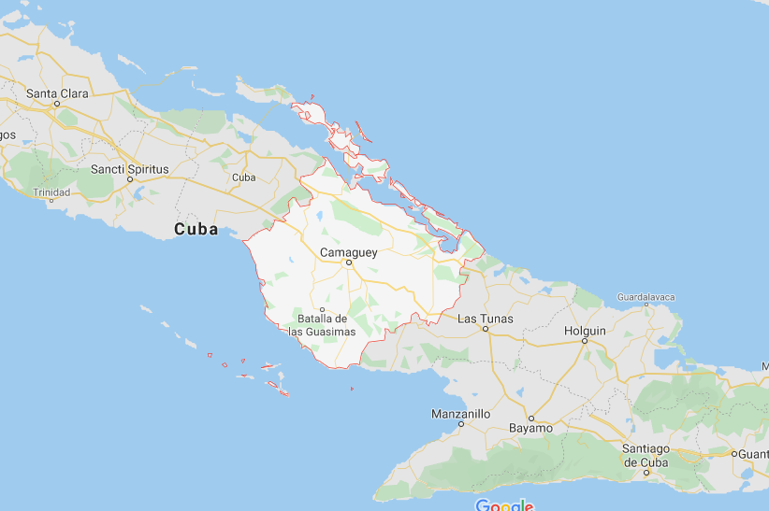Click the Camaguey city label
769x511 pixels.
(347, 252)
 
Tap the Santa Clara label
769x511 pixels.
(57, 93)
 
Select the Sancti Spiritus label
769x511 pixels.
(130, 169)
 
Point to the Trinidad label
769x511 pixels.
(51, 192)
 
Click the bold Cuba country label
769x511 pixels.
(196, 229)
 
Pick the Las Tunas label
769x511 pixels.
(485, 319)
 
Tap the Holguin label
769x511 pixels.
(586, 331)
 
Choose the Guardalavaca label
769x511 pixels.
(646, 297)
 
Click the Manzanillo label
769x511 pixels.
(460, 413)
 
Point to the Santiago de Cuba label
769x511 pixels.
(646, 456)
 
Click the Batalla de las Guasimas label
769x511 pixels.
(322, 325)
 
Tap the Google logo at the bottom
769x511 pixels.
(504, 505)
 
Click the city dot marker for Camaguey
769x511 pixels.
(348, 263)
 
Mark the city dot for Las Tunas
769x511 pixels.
(485, 329)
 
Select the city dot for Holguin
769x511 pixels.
(585, 341)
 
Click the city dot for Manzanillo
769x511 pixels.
(460, 423)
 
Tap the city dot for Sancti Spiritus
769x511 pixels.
(130, 179)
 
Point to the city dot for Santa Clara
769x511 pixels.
(57, 104)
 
